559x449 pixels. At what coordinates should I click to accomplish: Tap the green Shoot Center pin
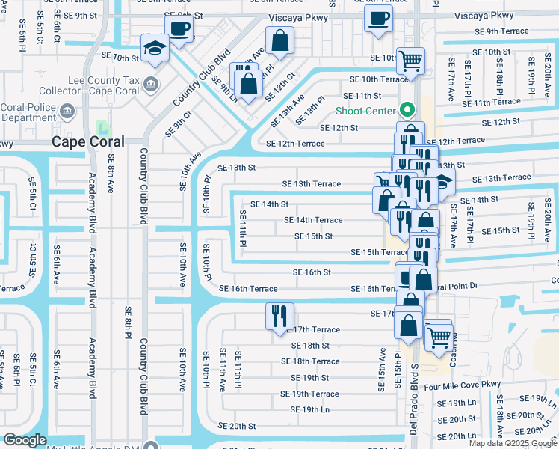coord(407,109)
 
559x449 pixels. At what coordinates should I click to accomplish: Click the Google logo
coord(25,440)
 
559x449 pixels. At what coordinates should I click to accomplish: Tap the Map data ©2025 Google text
coord(512,443)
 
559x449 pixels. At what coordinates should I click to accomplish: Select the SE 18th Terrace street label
coord(310,361)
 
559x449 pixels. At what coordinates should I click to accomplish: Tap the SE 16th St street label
coord(312,272)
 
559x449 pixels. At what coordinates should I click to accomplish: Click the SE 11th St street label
coord(362,96)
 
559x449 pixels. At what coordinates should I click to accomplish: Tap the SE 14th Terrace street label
coord(313,220)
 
